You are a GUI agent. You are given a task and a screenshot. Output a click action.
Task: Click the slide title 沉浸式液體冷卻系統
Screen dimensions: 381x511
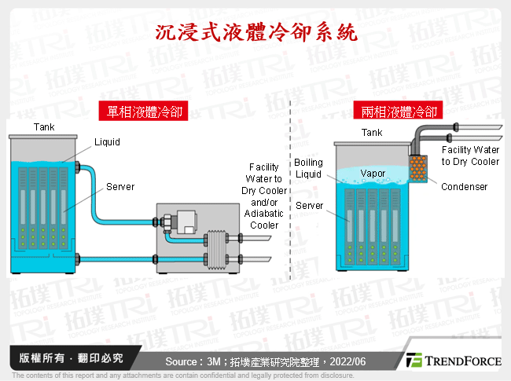point(256,32)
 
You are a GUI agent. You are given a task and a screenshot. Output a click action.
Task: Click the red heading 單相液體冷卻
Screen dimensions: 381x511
point(141,112)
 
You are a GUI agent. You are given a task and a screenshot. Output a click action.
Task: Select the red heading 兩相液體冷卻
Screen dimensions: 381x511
point(399,112)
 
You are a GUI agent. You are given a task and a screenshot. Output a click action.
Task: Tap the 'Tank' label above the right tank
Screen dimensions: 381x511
point(372,133)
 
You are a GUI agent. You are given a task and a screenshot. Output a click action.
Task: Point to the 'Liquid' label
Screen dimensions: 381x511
point(108,142)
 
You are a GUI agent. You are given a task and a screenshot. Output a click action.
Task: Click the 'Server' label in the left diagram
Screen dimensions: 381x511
point(120,187)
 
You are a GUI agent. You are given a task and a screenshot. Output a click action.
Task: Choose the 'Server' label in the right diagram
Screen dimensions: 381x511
point(311,205)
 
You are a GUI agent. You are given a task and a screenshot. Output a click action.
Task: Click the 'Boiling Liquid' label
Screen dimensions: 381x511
point(308,168)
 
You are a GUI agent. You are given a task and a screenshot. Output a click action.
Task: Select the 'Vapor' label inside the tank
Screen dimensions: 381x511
point(373,173)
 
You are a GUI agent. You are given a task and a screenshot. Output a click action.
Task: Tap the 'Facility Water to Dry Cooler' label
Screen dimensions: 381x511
point(470,156)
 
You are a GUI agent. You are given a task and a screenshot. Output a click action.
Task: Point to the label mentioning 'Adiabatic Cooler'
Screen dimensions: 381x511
point(263,196)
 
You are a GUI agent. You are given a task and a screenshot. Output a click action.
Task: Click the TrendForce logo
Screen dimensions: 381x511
point(454,361)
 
